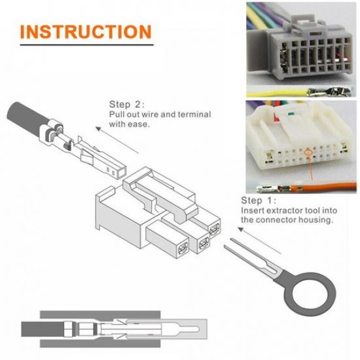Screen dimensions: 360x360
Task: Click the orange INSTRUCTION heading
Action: pos(86,31)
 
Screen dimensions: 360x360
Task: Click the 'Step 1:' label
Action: pos(260,200)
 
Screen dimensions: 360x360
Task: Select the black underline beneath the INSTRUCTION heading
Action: pos(86,45)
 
